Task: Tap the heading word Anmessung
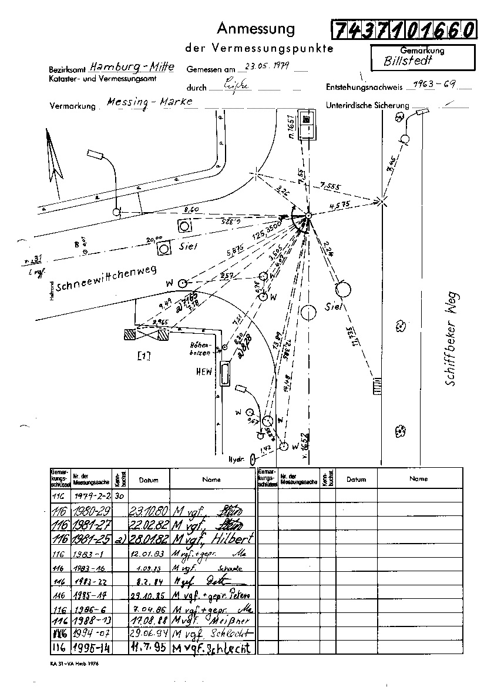click(256, 28)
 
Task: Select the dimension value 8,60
click(191, 209)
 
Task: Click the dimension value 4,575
click(340, 205)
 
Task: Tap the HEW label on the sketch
click(203, 372)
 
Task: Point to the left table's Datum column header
click(149, 480)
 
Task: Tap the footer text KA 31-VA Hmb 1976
click(76, 664)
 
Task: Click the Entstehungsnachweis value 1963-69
click(435, 83)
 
